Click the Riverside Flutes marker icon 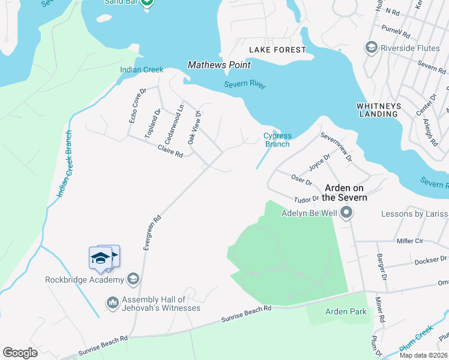[371, 47]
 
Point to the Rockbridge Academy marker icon [133, 279]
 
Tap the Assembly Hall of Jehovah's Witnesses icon [112, 304]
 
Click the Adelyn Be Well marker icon [346, 213]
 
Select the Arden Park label [346, 311]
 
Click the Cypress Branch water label [277, 140]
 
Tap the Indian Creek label [142, 70]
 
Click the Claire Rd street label [170, 151]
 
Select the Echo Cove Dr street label [137, 107]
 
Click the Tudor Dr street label [306, 199]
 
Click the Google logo [20, 352]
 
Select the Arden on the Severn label [345, 192]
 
